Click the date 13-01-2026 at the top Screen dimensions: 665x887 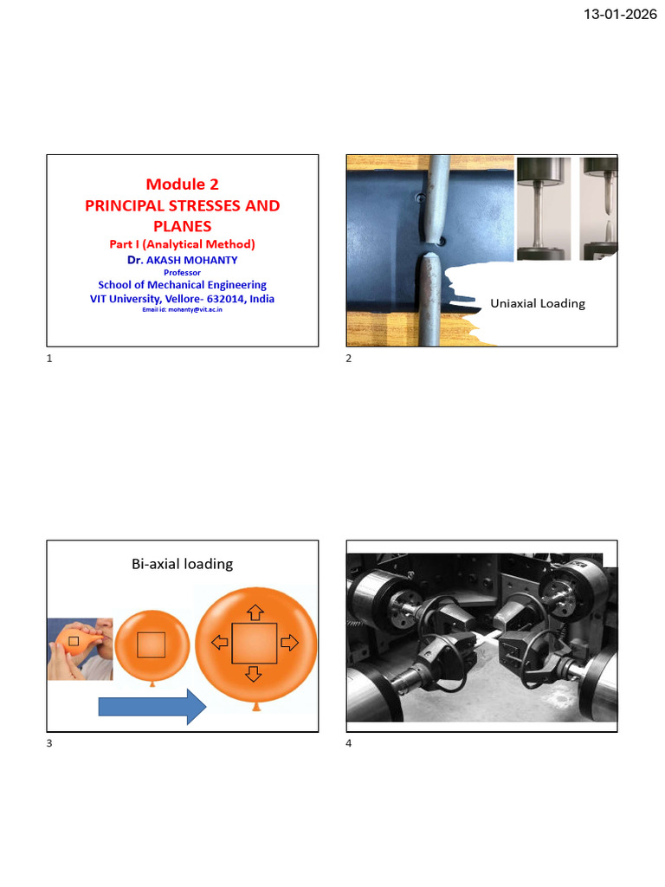[x=620, y=14]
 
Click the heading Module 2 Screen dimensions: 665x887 [x=182, y=185]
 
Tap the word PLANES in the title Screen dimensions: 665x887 [x=182, y=226]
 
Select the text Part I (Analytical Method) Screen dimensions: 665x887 [x=182, y=244]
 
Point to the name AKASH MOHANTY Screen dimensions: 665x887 [x=191, y=260]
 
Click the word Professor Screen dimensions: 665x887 [x=182, y=273]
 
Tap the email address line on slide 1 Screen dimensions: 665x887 [x=182, y=309]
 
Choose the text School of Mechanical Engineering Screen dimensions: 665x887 [x=182, y=285]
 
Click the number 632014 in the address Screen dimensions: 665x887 [x=225, y=299]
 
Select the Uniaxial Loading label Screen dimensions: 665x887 [x=538, y=304]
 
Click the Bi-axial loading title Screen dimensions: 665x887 [x=182, y=564]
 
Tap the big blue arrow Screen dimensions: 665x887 [x=152, y=707]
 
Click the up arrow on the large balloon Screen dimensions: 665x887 [x=255, y=612]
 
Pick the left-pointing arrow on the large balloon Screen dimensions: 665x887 [x=219, y=642]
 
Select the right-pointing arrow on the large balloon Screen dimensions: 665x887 [x=289, y=643]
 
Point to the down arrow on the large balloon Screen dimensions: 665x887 [x=254, y=674]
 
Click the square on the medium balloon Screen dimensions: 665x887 [x=152, y=644]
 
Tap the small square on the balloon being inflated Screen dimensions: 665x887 [x=74, y=641]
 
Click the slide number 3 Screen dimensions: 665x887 [x=49, y=743]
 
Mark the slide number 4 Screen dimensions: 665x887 [x=348, y=743]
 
